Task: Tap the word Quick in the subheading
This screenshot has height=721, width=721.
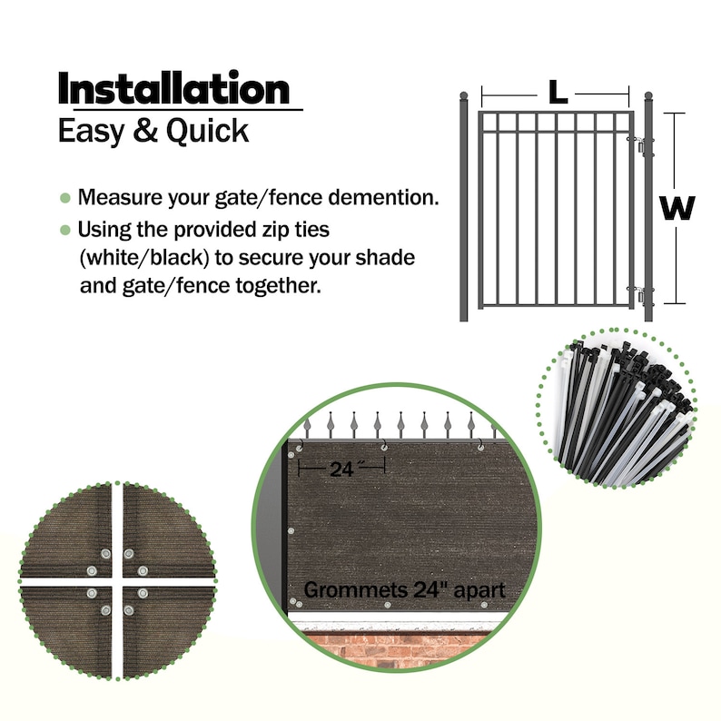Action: tap(207, 132)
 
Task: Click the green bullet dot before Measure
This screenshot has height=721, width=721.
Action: tap(64, 198)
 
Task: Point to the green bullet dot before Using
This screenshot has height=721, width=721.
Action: tap(64, 229)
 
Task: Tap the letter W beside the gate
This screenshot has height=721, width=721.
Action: tap(677, 209)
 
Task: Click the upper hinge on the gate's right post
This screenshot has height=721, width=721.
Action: tap(642, 145)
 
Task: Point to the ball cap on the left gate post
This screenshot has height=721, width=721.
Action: tap(464, 95)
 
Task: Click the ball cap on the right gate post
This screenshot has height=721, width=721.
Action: tap(648, 95)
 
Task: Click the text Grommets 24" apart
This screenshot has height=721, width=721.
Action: tap(404, 590)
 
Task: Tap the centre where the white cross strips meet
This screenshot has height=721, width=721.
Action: tap(117, 579)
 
